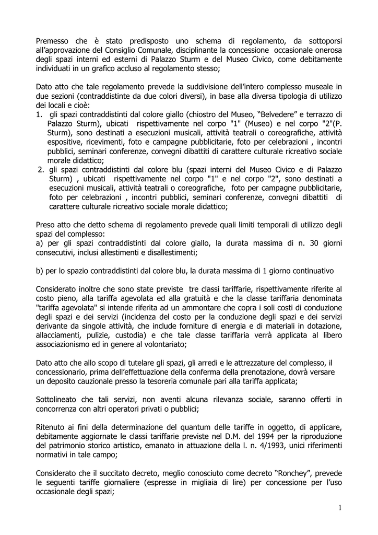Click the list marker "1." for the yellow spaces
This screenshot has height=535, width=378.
tap(39, 114)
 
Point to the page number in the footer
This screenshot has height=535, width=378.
tap(339, 507)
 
